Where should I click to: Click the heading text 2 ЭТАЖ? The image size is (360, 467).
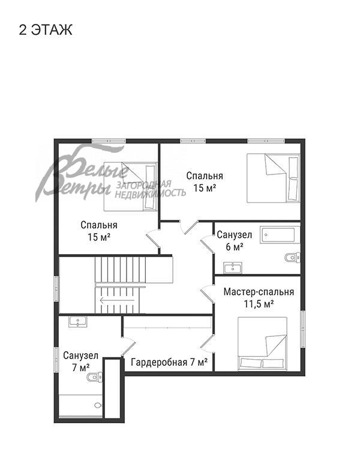pos(46,30)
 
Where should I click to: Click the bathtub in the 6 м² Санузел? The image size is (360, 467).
pos(280,235)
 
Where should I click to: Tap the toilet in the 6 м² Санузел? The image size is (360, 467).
pos(292,257)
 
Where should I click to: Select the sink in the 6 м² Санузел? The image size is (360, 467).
pos(233,267)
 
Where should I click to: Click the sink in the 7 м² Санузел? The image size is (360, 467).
pos(78,321)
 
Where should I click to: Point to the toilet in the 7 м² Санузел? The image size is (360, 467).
pos(94,377)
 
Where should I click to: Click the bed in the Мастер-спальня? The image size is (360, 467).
pos(262,344)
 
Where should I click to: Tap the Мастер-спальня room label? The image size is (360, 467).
pos(259,291)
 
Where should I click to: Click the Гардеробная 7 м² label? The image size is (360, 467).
pos(169,362)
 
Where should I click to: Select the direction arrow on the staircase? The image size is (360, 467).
pos(117,300)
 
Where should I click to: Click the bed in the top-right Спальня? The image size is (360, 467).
pos(273,178)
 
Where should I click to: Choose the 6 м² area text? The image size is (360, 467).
pos(235,247)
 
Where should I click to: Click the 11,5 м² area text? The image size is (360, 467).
pos(259,304)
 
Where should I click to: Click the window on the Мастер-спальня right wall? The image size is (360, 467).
pos(303,329)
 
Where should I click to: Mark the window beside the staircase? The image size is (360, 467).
pos(56,288)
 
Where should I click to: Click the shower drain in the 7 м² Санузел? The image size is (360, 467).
pos(97,405)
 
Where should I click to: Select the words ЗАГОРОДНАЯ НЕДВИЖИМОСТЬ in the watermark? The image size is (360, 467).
pos(150,189)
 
